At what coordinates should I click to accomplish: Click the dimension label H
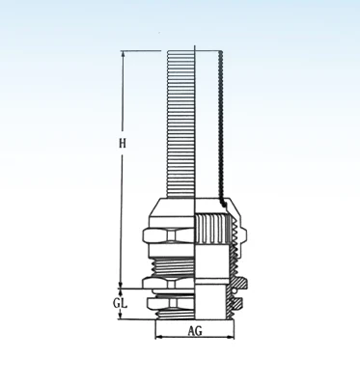coord(123,143)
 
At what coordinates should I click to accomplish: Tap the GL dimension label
coord(120,303)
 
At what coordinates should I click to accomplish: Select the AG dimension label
coord(195,330)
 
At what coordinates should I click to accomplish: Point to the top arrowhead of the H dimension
coord(123,54)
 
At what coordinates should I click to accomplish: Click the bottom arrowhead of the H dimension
coord(121,285)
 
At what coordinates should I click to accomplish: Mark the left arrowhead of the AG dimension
coord(158,337)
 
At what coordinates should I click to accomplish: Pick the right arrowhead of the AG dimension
coord(231,337)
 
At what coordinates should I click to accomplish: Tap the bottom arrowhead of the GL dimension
coord(121,316)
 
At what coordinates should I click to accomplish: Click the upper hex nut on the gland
coord(168,235)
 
